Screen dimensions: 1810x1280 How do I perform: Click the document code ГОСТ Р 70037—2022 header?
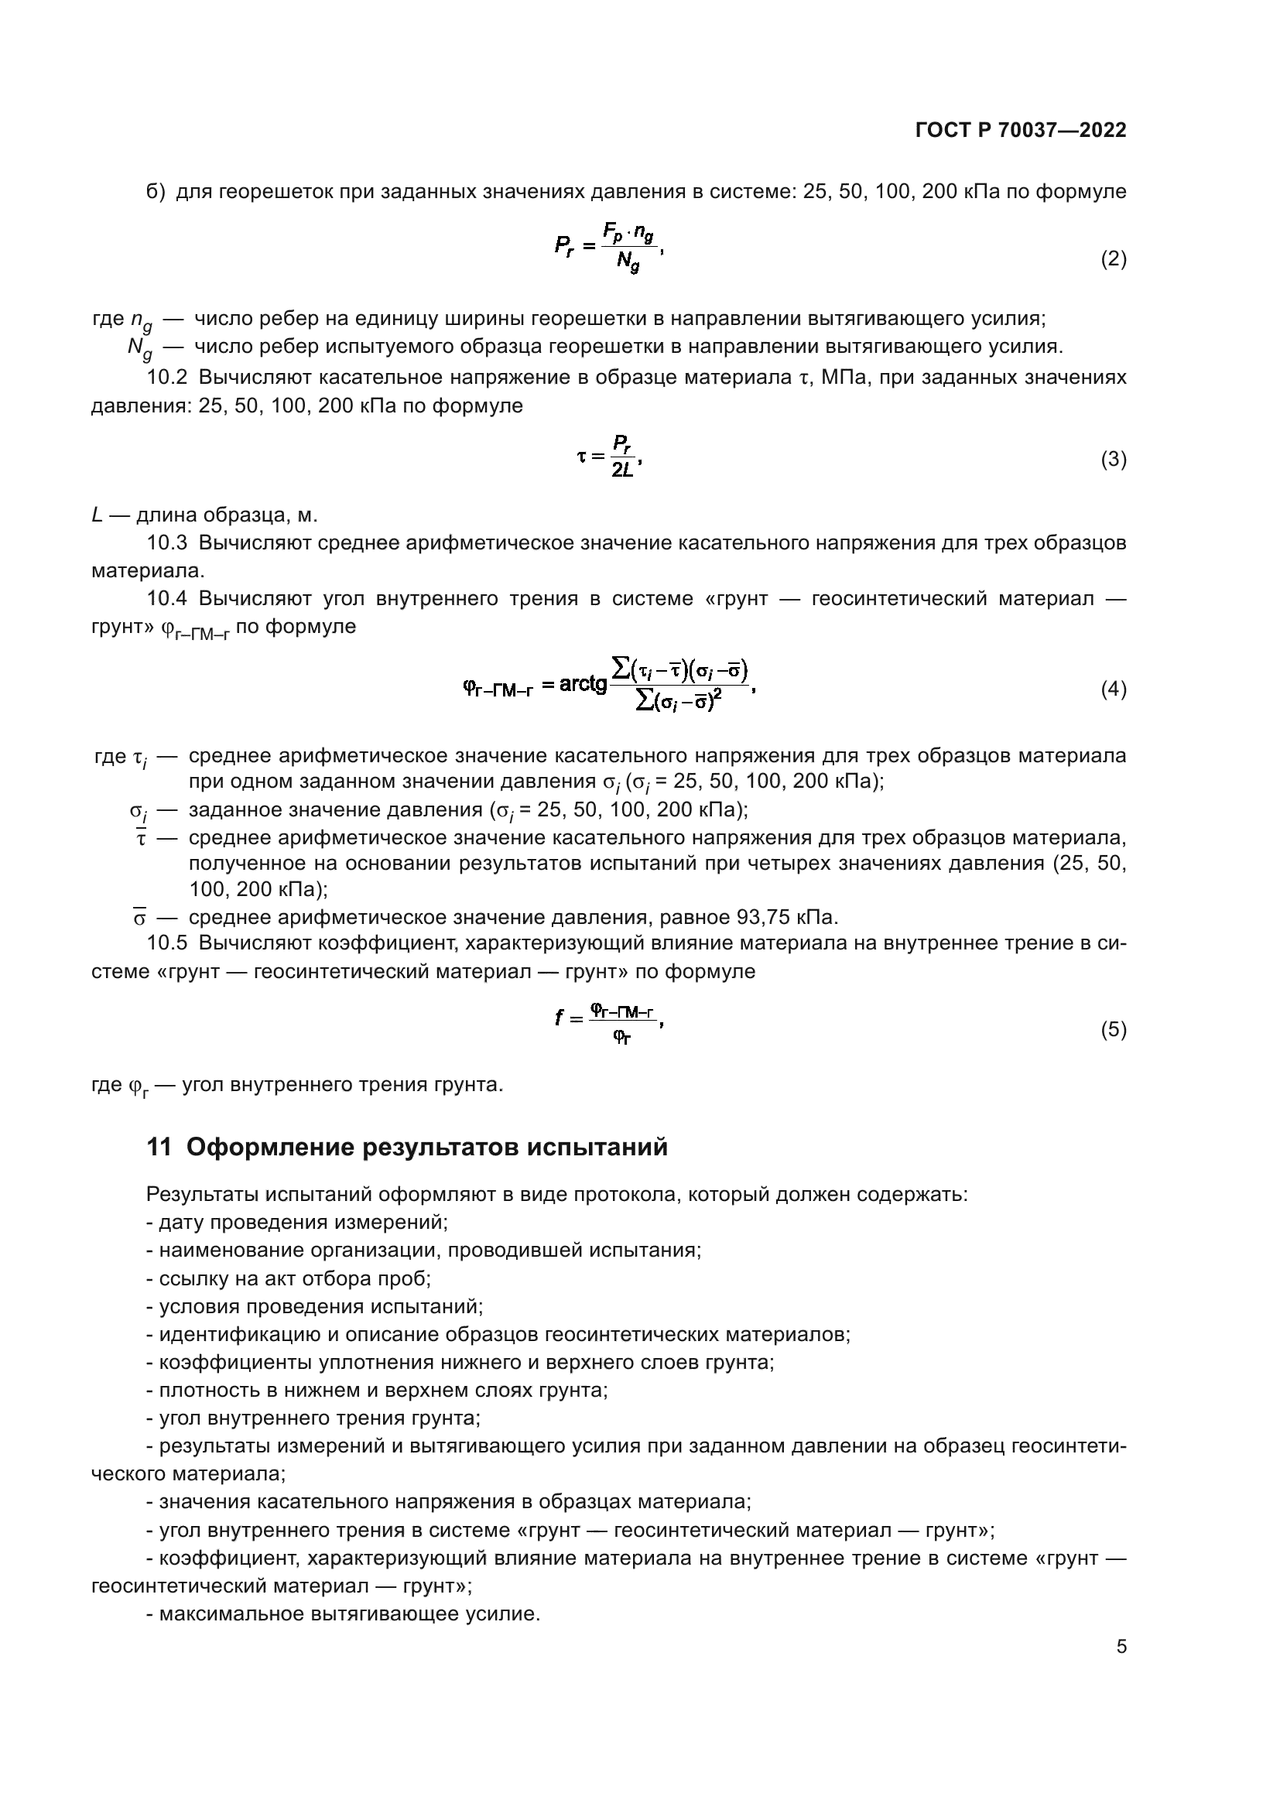1021,131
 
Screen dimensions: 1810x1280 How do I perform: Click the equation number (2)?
1113,258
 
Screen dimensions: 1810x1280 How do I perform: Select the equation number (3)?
1113,459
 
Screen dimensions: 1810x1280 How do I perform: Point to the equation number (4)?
1113,689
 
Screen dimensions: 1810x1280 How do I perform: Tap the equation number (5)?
1113,1028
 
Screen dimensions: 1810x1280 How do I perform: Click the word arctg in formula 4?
583,684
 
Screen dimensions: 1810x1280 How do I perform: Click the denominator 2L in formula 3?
622,471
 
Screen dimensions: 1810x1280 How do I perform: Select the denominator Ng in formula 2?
628,262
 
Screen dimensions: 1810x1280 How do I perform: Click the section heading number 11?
159,1147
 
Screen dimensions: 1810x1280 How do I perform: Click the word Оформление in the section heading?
269,1147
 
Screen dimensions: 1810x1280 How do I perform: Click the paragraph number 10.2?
166,378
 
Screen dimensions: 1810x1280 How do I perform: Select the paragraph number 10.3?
166,543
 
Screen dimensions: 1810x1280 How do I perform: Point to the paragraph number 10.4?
166,599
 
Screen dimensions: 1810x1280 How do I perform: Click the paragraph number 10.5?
166,943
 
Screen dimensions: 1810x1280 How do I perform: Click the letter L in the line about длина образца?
97,515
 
